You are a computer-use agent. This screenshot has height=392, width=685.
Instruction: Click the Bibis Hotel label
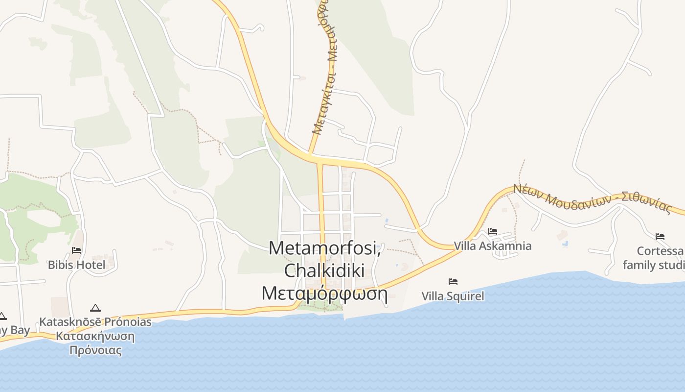point(76,265)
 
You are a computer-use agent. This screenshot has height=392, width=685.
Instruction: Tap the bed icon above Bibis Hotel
point(76,250)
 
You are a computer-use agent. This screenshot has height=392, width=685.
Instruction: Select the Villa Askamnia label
point(493,246)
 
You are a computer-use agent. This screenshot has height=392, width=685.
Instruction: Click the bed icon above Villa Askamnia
point(493,231)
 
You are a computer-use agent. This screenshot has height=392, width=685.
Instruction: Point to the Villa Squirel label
point(453,296)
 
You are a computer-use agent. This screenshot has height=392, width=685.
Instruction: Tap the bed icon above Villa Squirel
point(453,282)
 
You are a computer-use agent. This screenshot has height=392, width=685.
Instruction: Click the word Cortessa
point(660,251)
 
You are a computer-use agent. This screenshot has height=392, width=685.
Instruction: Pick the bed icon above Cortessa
point(660,237)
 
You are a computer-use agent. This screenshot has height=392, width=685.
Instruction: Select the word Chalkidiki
point(324,270)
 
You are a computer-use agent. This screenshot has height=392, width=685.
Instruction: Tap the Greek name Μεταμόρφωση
point(324,294)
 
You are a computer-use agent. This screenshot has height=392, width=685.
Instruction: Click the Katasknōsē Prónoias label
point(95,322)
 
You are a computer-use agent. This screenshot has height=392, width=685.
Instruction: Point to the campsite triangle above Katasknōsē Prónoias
point(95,308)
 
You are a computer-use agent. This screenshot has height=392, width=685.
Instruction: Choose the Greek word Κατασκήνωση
point(95,337)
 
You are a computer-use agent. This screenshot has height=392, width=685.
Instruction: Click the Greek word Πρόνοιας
point(95,350)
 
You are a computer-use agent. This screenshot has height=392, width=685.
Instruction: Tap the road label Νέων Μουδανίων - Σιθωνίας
point(593,199)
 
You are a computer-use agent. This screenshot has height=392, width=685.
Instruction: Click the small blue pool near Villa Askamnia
point(566,243)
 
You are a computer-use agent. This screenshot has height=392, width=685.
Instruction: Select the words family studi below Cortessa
point(654,265)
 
